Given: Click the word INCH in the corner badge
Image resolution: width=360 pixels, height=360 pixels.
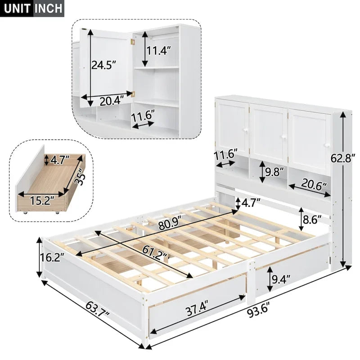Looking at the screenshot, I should click(x=48, y=8).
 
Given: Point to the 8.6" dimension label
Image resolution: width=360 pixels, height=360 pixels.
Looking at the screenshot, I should click(x=311, y=220).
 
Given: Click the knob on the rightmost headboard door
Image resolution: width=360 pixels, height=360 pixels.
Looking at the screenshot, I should click(x=327, y=144).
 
